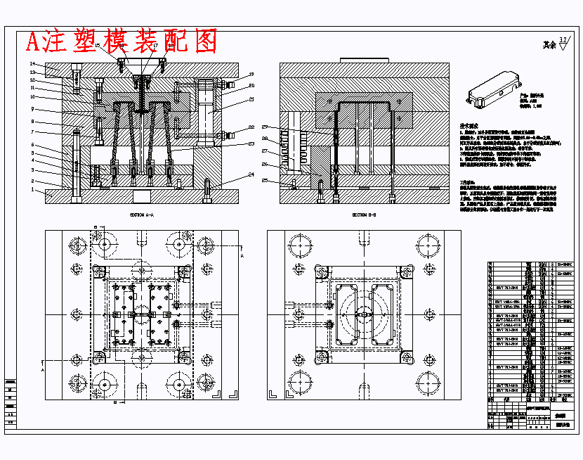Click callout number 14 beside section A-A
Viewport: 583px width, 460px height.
click(32, 64)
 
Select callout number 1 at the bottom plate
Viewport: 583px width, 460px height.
click(32, 189)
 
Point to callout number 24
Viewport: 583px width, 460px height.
click(251, 175)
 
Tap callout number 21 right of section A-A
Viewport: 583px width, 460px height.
click(251, 99)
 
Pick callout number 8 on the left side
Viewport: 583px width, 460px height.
click(32, 121)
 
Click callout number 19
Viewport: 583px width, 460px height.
click(251, 74)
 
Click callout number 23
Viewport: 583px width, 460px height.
click(251, 144)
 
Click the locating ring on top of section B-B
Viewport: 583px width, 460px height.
click(364, 60)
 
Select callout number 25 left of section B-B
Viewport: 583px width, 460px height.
click(266, 181)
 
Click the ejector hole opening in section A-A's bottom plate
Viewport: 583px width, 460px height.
click(143, 196)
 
